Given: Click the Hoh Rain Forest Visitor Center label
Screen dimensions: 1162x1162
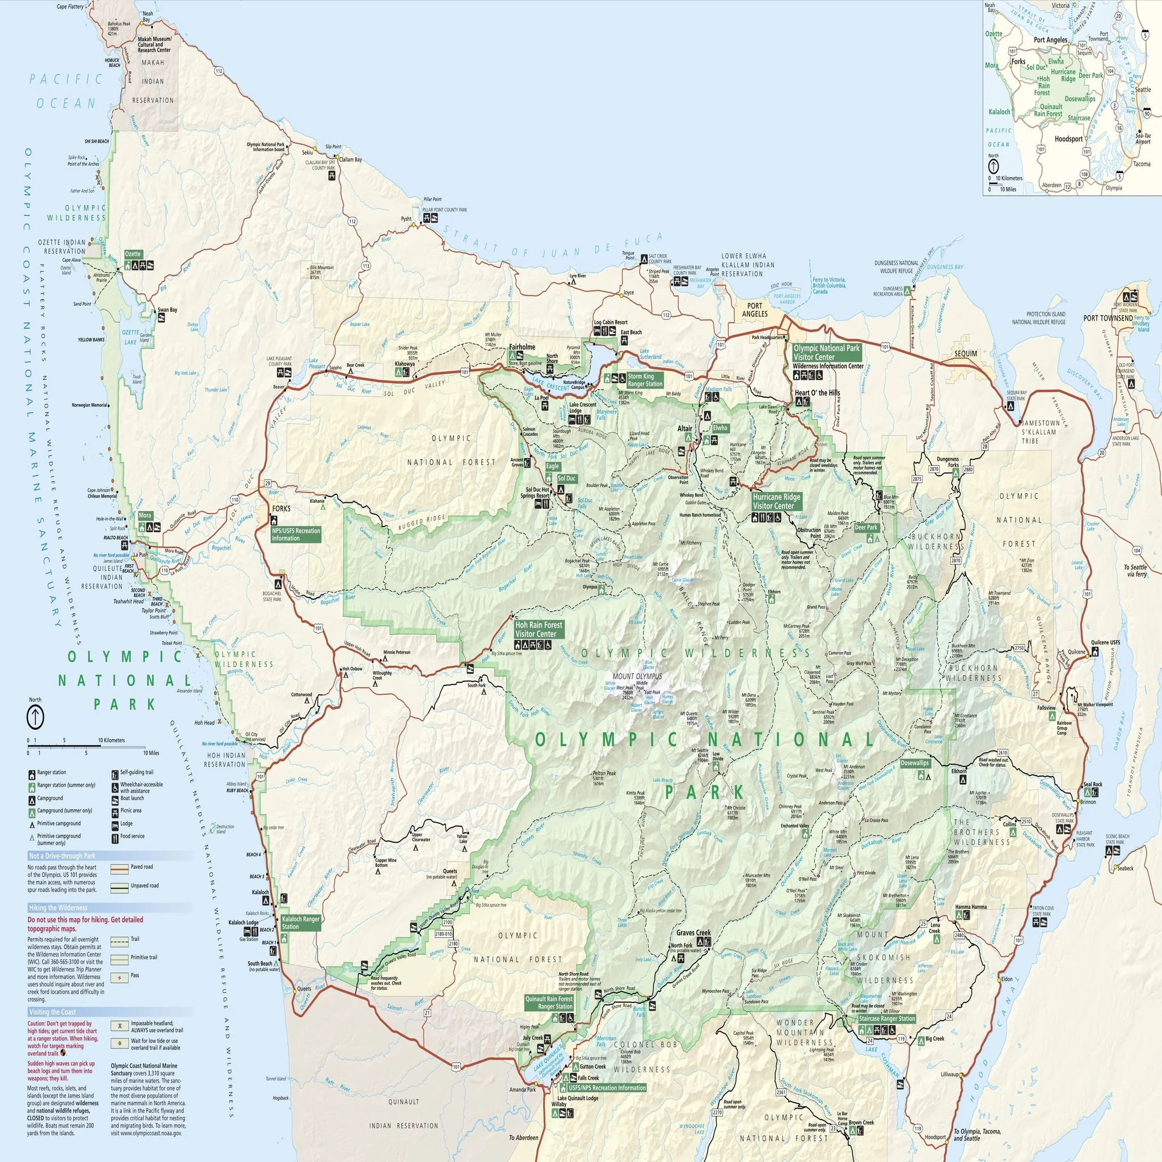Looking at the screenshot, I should click(539, 629).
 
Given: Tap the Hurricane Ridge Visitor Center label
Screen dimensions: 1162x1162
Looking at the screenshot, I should click(776, 501).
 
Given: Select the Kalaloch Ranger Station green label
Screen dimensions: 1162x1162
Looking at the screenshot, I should click(301, 923).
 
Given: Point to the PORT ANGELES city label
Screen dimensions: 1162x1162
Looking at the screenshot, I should click(754, 310).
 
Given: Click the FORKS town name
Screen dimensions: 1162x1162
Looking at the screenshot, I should click(281, 508).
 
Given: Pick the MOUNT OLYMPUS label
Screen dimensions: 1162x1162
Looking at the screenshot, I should click(637, 676).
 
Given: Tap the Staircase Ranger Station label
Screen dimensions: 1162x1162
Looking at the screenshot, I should click(887, 1018).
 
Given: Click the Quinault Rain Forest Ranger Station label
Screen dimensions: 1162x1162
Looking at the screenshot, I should click(549, 1003).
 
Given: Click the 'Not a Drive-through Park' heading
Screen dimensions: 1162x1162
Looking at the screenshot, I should click(62, 855).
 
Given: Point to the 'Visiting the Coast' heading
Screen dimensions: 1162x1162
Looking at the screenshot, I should click(52, 1012).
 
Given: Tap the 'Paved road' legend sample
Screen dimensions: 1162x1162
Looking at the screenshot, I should click(120, 869).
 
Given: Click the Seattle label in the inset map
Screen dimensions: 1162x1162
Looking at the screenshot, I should click(1142, 90).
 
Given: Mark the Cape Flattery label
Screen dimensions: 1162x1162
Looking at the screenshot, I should click(70, 7).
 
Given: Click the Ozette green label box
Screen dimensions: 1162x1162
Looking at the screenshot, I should click(133, 254).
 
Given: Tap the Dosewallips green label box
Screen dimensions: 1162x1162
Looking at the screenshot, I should click(914, 763).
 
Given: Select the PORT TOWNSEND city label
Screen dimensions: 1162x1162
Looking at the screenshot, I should click(1108, 318).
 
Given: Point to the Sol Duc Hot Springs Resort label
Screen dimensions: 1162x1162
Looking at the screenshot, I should click(537, 492).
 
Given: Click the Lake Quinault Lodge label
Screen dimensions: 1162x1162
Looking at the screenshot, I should click(578, 1098).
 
